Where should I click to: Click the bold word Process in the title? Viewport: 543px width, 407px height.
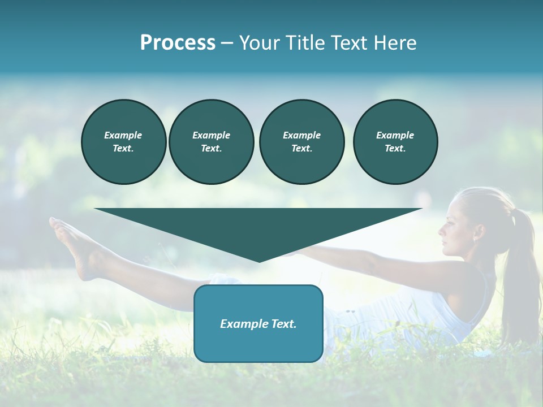pos(178,43)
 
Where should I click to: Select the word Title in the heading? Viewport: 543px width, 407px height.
pos(304,43)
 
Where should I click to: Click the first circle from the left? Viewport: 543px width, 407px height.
pos(124,141)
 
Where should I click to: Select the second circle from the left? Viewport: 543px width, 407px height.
pos(211,141)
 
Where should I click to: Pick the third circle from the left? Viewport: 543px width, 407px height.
pos(301,141)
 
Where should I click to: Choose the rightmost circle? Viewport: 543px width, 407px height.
pos(395,141)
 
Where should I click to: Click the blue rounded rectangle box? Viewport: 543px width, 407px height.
pos(258,323)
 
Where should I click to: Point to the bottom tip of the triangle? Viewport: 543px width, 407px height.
pos(259,261)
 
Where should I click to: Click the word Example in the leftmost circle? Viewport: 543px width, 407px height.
pos(123,135)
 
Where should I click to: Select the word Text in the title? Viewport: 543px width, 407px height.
pos(349,43)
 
